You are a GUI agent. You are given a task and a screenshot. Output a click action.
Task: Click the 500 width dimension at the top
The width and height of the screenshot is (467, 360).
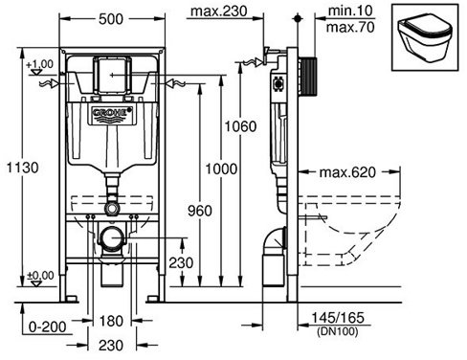pyautogui.click(x=111, y=19)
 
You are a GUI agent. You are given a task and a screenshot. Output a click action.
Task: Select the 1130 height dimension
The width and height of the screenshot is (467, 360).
pyautogui.click(x=23, y=168)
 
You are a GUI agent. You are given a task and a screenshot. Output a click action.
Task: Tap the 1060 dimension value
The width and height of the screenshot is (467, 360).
pyautogui.click(x=240, y=126)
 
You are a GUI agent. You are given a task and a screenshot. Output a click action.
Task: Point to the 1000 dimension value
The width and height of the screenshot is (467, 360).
pyautogui.click(x=221, y=169)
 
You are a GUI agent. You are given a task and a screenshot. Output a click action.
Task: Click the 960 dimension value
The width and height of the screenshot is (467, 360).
pyautogui.click(x=200, y=211)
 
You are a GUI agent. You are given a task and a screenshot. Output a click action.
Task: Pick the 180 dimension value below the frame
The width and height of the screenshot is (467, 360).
pyautogui.click(x=111, y=321)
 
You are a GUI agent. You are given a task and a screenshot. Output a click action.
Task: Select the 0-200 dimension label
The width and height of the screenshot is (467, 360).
pyautogui.click(x=48, y=326)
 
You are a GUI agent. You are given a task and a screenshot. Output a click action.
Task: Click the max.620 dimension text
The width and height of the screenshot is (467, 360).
pyautogui.click(x=347, y=172)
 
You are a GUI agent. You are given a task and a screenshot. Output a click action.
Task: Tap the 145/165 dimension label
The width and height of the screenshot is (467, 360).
pyautogui.click(x=338, y=318)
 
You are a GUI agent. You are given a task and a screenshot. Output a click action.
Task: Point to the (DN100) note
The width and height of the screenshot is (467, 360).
pyautogui.click(x=338, y=331)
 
